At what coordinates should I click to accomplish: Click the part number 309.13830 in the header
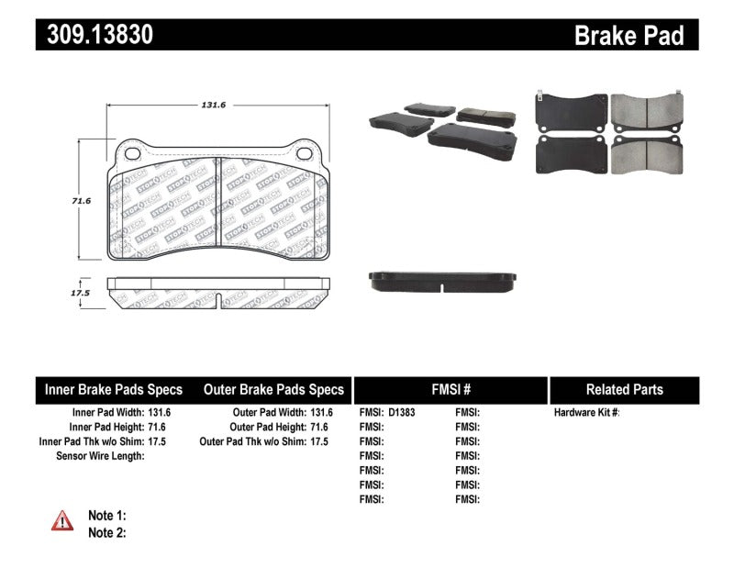pyautogui.click(x=95, y=35)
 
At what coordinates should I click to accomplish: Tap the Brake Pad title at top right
pyautogui.click(x=628, y=36)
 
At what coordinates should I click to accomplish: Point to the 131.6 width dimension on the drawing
pyautogui.click(x=213, y=106)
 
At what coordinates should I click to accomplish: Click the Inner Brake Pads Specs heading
pyautogui.click(x=114, y=390)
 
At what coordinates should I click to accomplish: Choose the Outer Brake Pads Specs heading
pyautogui.click(x=273, y=390)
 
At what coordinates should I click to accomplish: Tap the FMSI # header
pyautogui.click(x=450, y=390)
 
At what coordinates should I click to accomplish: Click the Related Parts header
pyautogui.click(x=624, y=390)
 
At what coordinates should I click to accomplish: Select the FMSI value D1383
pyautogui.click(x=402, y=413)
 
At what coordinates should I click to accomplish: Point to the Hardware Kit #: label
pyautogui.click(x=586, y=413)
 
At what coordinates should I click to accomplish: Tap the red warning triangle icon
pyautogui.click(x=61, y=521)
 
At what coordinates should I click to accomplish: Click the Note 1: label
pyautogui.click(x=106, y=516)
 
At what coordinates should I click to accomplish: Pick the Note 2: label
pyautogui.click(x=106, y=532)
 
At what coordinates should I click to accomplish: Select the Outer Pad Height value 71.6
pyautogui.click(x=319, y=427)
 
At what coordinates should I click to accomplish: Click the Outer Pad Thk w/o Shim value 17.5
pyautogui.click(x=319, y=441)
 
